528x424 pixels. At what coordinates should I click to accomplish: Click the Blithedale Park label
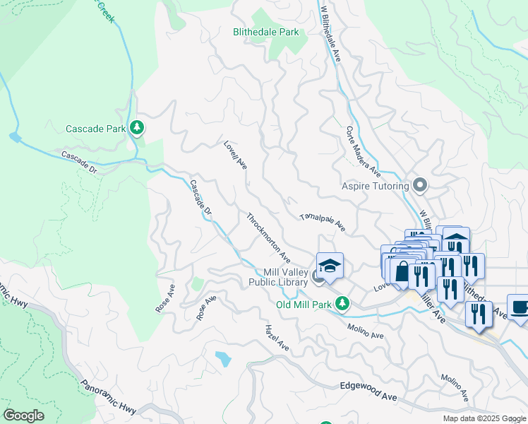(x=266, y=32)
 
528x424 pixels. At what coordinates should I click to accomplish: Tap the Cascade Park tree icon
(x=137, y=128)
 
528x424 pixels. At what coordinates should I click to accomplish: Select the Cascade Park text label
(x=95, y=129)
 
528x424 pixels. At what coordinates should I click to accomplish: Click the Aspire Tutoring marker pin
(x=421, y=186)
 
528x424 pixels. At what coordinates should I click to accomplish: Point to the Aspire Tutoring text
(x=376, y=186)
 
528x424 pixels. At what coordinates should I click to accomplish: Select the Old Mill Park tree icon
(x=342, y=304)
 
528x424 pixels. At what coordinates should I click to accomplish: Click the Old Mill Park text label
(x=304, y=305)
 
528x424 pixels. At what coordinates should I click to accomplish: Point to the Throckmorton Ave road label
(x=268, y=235)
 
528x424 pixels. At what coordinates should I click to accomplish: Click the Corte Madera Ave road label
(x=364, y=152)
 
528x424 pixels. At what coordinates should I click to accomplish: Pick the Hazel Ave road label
(x=277, y=338)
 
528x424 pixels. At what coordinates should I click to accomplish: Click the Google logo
(x=23, y=416)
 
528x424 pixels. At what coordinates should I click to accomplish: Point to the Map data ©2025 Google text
(x=484, y=418)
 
